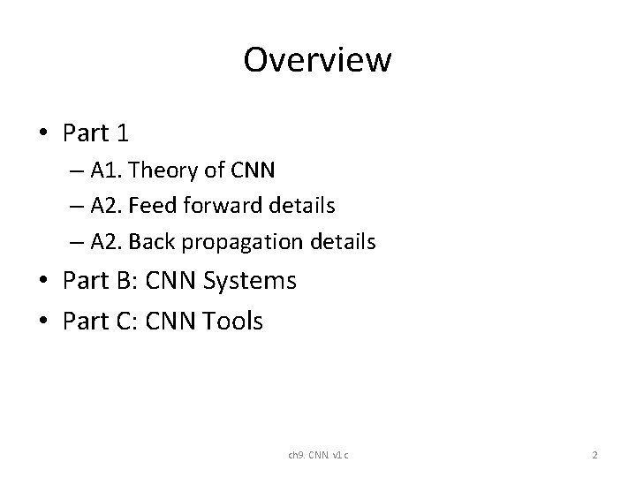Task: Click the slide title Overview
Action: (317, 60)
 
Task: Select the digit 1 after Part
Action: (122, 133)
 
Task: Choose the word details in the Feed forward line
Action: (303, 206)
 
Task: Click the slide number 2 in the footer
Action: (595, 455)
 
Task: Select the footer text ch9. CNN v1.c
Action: (318, 455)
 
